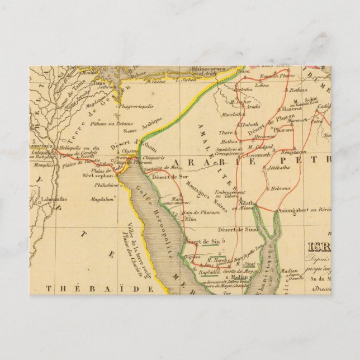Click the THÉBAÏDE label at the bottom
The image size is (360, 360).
click(x=101, y=288)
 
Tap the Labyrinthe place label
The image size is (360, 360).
click(x=53, y=199)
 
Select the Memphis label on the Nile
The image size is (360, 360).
click(x=44, y=165)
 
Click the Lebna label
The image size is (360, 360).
click(x=262, y=85)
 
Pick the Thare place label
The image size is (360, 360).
click(x=226, y=132)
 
